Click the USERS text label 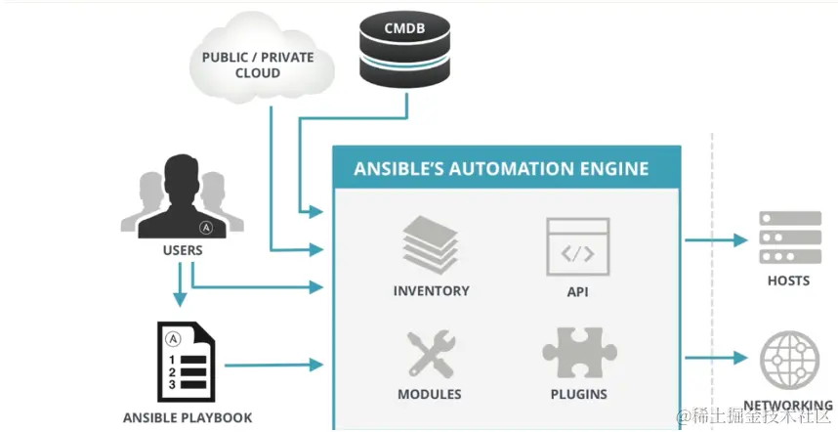pyautogui.click(x=183, y=250)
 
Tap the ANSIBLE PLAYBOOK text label pyautogui.click(x=188, y=417)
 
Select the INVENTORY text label pyautogui.click(x=431, y=290)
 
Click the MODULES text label pyautogui.click(x=430, y=394)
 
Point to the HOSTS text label pyautogui.click(x=788, y=281)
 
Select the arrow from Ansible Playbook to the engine pyautogui.click(x=274, y=365)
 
